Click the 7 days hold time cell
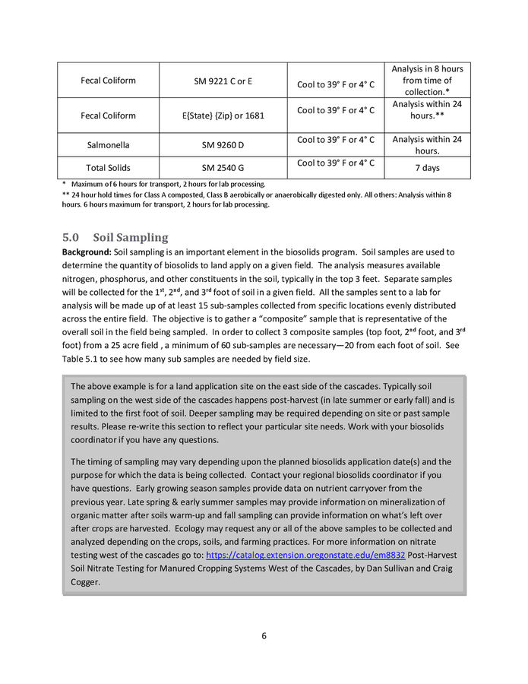click(426, 167)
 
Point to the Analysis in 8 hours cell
click(426, 80)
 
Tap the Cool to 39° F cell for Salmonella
click(336, 139)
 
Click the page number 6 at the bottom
click(264, 636)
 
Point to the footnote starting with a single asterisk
click(163, 184)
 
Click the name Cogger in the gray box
click(85, 582)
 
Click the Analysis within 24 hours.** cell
click(426, 109)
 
